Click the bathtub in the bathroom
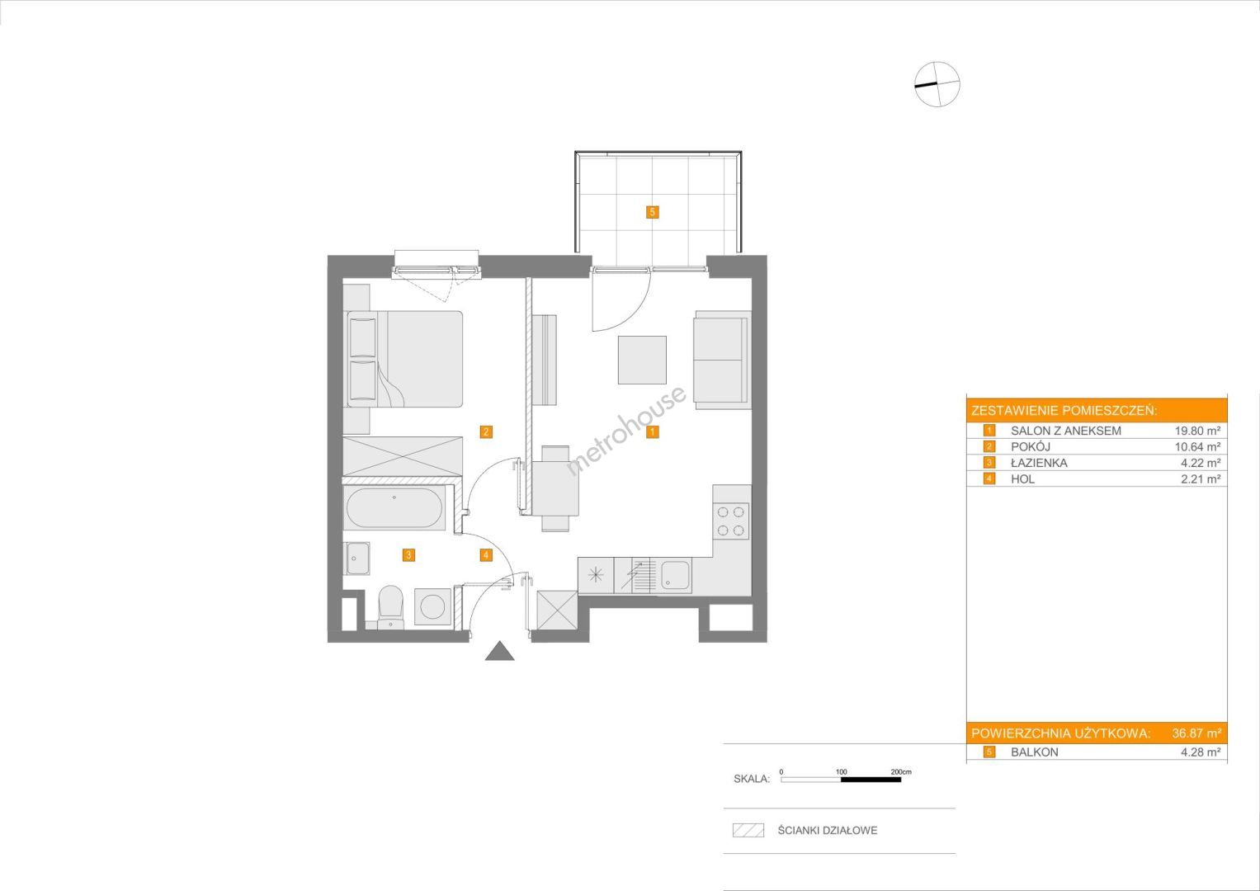(394, 507)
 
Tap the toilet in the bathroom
(389, 607)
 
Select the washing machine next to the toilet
(433, 607)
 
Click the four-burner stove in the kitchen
(731, 521)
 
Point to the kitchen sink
(675, 576)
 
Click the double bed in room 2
(403, 359)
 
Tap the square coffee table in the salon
(642, 360)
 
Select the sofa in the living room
(722, 360)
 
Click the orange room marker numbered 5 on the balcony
(652, 212)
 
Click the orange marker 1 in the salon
(652, 432)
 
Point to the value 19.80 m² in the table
(1197, 431)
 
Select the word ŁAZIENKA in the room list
(1039, 463)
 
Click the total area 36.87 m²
(1196, 733)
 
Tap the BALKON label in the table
(1035, 752)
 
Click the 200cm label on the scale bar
(901, 771)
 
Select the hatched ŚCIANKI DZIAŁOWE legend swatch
(748, 830)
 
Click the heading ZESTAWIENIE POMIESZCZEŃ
(1064, 411)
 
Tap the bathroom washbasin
(357, 559)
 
